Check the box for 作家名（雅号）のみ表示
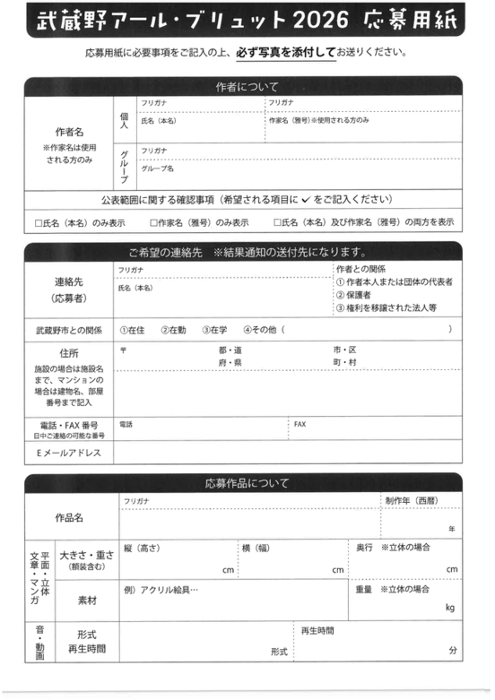click(x=153, y=222)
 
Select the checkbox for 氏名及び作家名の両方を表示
click(x=279, y=222)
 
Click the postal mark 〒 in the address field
click(x=123, y=349)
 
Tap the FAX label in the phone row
click(x=300, y=424)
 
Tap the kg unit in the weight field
click(x=450, y=608)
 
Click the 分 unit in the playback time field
click(x=453, y=649)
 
